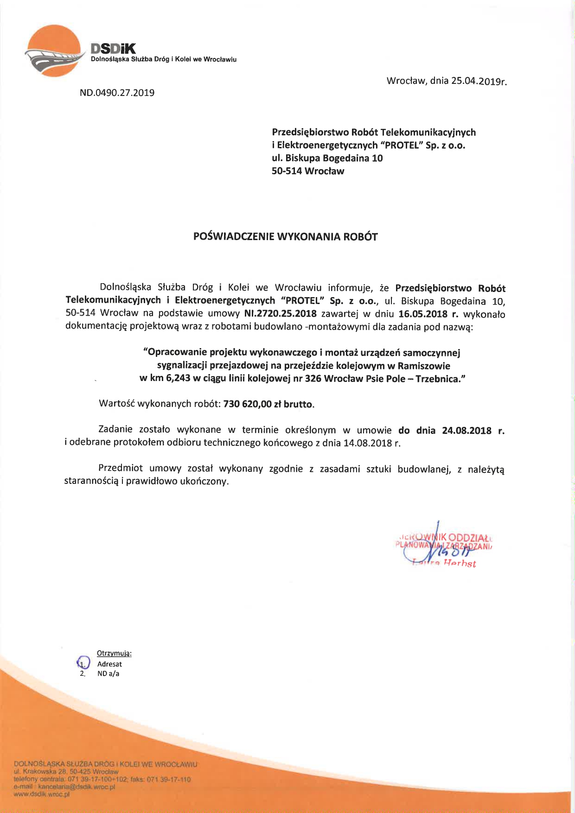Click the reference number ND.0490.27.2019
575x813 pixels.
point(117,93)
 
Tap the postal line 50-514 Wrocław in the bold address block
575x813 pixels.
point(308,171)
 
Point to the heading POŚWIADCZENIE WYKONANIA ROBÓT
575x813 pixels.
point(285,237)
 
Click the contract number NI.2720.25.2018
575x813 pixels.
point(280,314)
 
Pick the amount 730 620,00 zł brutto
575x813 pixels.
point(268,404)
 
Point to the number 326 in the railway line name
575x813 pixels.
point(313,379)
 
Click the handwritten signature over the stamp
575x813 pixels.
point(443,547)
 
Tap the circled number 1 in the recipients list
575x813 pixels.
point(83,663)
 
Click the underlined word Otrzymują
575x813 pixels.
point(114,654)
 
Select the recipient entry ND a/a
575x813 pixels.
point(108,673)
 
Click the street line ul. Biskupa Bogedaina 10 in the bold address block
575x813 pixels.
point(327,158)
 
